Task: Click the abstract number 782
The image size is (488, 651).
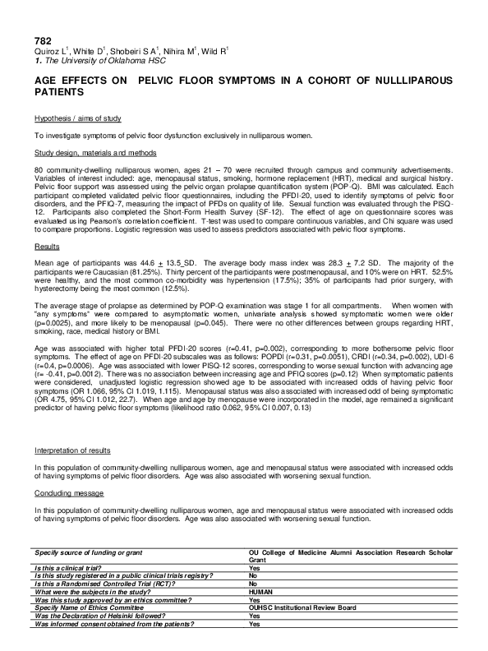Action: click(42, 40)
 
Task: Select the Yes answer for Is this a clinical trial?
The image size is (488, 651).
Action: click(254, 568)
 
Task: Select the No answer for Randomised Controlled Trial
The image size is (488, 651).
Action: click(253, 584)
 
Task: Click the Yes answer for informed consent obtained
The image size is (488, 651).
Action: click(254, 623)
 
